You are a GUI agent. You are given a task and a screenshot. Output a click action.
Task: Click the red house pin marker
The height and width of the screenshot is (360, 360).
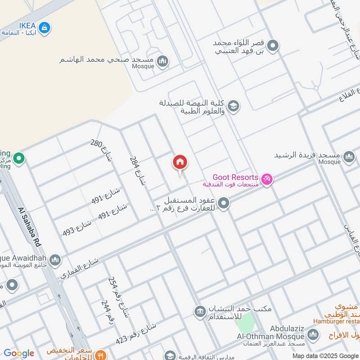click(180, 162)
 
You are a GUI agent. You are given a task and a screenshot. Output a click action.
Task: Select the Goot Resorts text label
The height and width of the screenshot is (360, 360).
click(235, 177)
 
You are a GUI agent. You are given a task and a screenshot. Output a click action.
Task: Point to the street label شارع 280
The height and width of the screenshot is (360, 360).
click(101, 150)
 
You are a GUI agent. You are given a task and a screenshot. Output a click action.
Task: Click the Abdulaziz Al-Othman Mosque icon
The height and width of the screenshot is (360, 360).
click(314, 334)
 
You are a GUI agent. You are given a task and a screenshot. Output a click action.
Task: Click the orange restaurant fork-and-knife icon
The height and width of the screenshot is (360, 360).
click(101, 355)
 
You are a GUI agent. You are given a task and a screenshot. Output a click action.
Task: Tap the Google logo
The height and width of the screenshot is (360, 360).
click(18, 353)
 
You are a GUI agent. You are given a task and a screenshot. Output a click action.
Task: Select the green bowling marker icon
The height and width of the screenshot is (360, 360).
click(18, 158)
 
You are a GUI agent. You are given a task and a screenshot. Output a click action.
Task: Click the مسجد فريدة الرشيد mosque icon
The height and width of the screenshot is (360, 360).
click(349, 157)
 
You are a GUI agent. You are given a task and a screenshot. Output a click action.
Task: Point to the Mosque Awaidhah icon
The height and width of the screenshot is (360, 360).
click(55, 260)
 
